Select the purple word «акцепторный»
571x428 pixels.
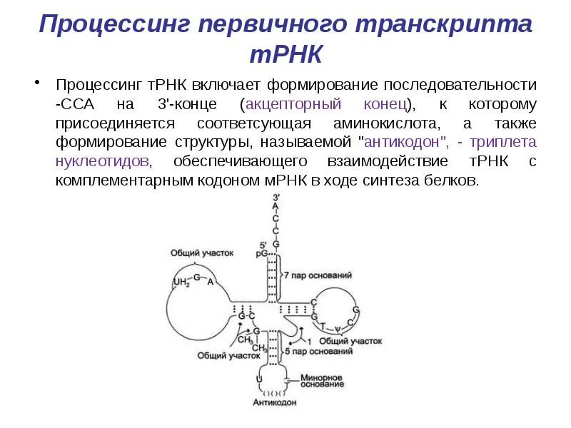288,104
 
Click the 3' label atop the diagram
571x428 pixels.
276,197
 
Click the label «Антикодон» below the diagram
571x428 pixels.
272,402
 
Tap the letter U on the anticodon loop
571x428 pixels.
259,376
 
